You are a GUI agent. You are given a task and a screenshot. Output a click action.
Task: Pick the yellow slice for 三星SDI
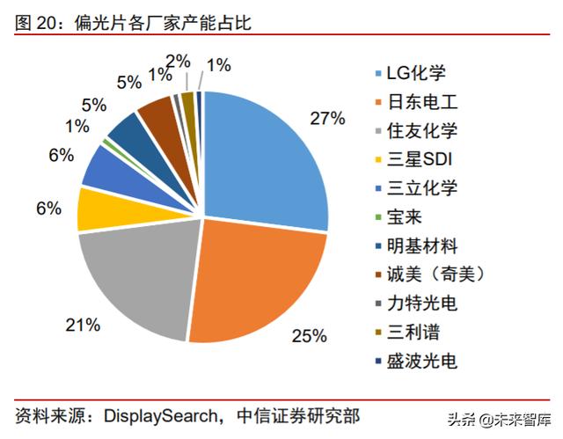(97, 208)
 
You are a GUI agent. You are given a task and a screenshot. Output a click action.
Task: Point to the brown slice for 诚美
(157, 113)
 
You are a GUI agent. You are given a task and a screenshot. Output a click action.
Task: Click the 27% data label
(327, 118)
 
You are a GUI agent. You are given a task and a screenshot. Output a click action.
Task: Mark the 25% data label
(311, 335)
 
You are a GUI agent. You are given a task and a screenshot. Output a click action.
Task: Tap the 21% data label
(82, 325)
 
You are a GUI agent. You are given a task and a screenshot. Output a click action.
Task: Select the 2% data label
(178, 61)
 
